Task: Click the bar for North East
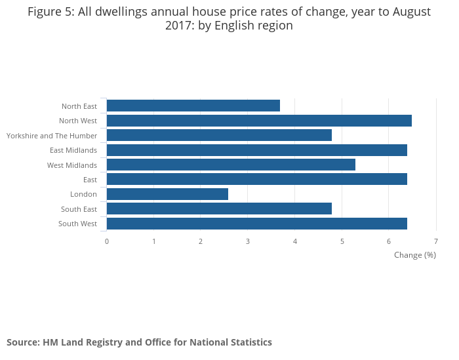(193, 106)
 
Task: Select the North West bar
(259, 121)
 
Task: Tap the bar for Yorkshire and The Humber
(219, 135)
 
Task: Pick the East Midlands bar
(256, 150)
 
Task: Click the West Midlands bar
(231, 165)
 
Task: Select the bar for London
(167, 194)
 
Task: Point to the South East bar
(219, 209)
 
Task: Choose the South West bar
(256, 224)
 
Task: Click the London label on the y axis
(83, 194)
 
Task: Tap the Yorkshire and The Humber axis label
(52, 136)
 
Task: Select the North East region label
(79, 106)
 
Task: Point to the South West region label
(77, 224)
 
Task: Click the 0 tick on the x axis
(107, 241)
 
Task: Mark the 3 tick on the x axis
(248, 241)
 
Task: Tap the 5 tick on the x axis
(342, 241)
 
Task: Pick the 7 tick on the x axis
(436, 241)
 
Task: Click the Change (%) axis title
(414, 255)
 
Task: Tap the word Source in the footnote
(23, 342)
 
